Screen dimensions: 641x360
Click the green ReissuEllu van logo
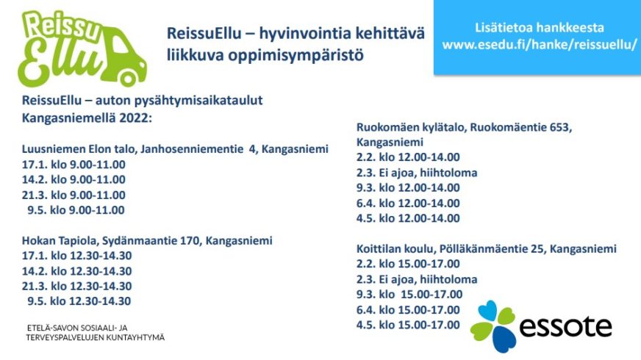pos(82,48)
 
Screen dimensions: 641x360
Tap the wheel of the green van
pos(128,78)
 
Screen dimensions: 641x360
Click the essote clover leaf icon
pos(493,326)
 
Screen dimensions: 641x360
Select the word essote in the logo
pos(566,326)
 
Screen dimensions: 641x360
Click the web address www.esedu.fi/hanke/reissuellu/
pos(540,44)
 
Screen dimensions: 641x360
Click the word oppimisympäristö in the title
pos(296,55)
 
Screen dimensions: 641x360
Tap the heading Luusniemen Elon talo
pos(79,148)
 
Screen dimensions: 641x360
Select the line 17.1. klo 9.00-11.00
pos(74,165)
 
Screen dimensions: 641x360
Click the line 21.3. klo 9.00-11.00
pos(74,195)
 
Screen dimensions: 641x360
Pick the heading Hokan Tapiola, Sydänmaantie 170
pos(110,240)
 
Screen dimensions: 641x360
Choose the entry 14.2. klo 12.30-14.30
pos(77,271)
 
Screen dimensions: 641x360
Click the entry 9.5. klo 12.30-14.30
pos(79,301)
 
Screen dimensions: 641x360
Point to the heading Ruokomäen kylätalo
pos(411,128)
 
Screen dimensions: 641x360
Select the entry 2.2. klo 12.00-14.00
pos(408,157)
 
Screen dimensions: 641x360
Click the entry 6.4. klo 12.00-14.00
pos(408,203)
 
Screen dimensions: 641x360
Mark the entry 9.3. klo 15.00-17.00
pos(409,294)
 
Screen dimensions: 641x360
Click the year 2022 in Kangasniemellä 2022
pos(135,118)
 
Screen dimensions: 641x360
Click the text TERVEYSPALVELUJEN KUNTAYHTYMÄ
pos(96,338)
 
